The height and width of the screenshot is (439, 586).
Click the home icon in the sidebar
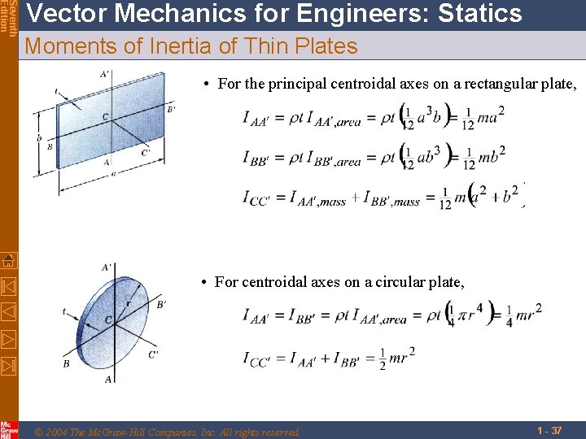click(x=8, y=261)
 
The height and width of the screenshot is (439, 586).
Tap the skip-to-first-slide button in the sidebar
click(x=8, y=286)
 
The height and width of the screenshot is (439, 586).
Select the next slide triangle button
click(x=8, y=337)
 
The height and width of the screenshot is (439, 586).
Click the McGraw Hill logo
click(x=8, y=429)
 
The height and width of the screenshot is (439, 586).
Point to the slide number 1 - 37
click(x=549, y=430)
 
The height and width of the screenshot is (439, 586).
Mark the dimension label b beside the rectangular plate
click(x=39, y=138)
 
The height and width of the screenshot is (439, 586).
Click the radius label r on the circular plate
click(x=128, y=303)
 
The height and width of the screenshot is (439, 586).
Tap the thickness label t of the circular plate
click(x=64, y=311)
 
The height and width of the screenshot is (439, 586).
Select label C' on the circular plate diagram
click(x=154, y=354)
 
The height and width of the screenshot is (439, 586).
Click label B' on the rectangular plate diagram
click(x=171, y=109)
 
